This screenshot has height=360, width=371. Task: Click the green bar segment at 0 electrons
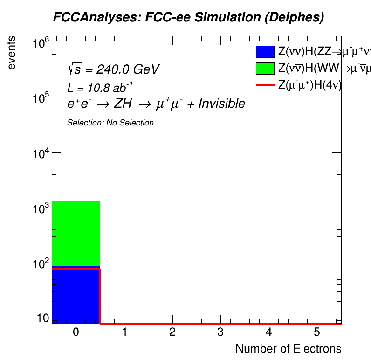[x=76, y=233]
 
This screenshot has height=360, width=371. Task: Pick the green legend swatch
[x=265, y=69]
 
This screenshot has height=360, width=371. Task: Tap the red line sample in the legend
[x=265, y=85]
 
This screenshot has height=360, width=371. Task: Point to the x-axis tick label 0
[x=76, y=332]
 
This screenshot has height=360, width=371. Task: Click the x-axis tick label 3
[x=220, y=332]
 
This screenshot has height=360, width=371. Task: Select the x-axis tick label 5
[x=317, y=332]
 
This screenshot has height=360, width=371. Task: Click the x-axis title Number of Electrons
[x=288, y=349]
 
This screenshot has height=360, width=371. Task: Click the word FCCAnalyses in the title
[x=85, y=18]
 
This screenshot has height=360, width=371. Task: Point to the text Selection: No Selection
[x=110, y=123]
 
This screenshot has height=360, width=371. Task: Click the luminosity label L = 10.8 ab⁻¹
[x=101, y=87]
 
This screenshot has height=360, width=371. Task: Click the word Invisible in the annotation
[x=222, y=104]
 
